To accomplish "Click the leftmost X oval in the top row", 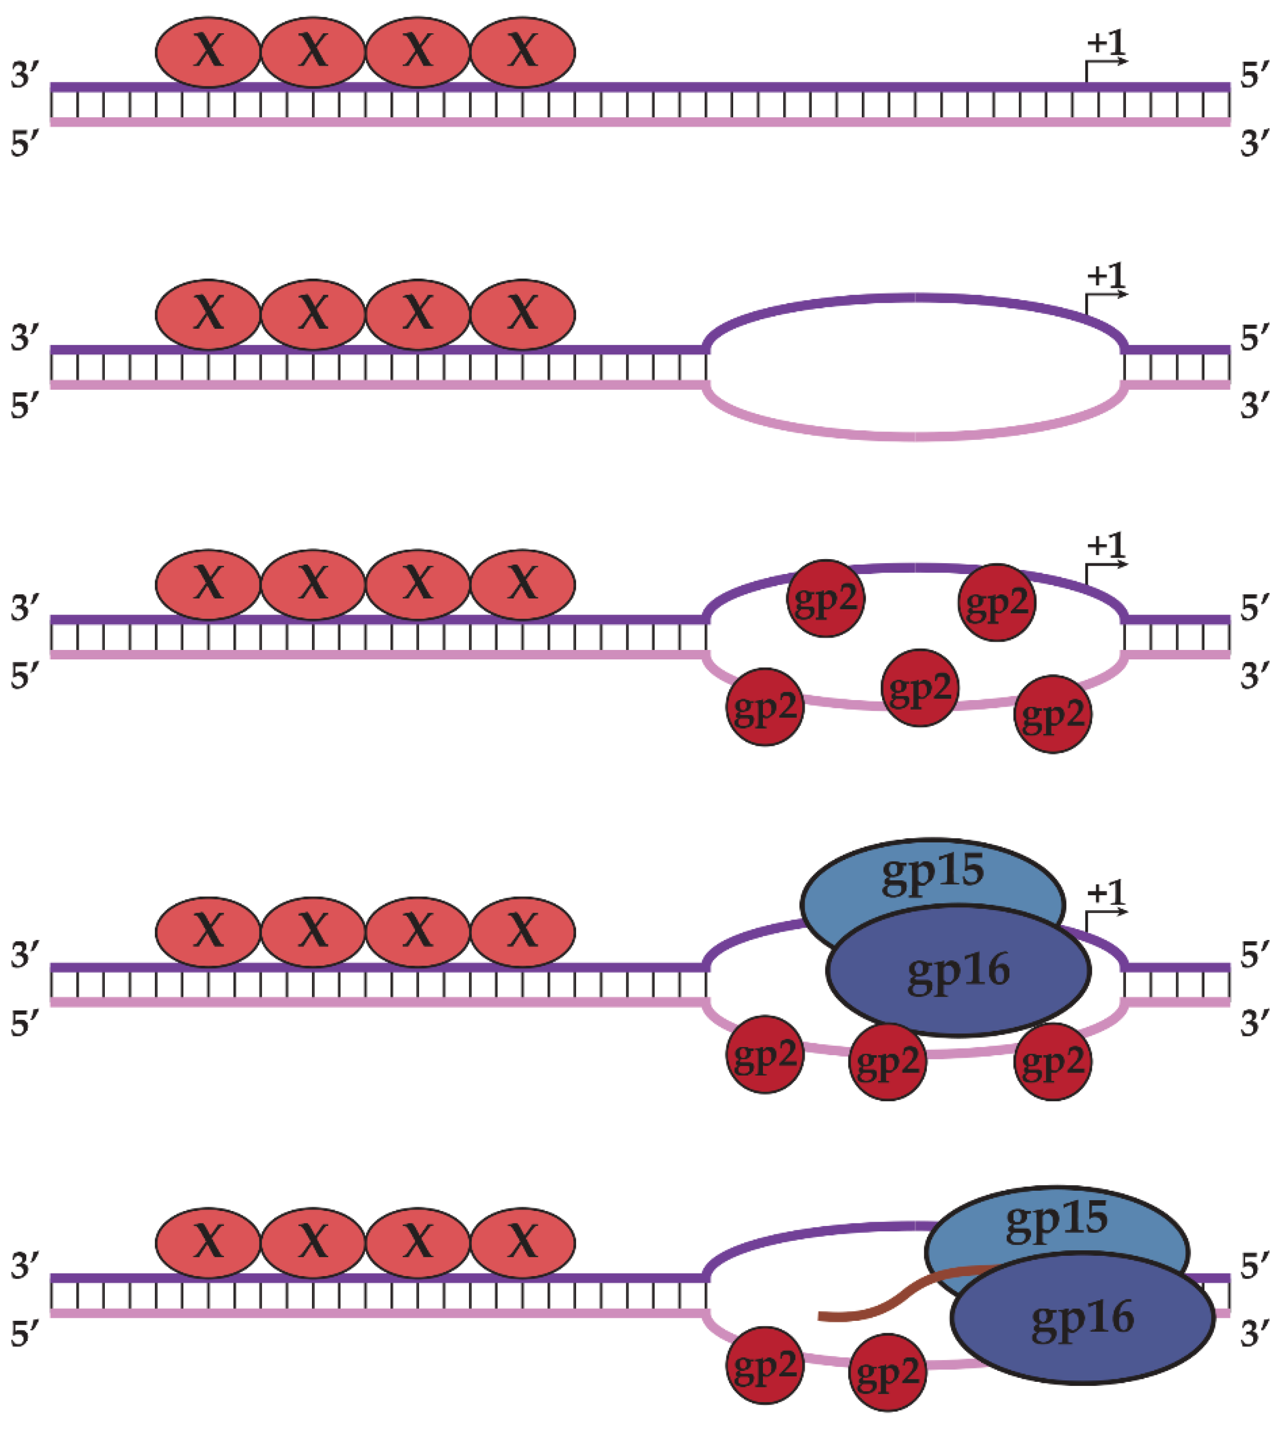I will click(208, 52).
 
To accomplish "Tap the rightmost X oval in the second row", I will click(522, 314).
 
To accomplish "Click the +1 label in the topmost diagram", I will click(1106, 44).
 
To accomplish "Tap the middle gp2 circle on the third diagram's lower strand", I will click(919, 688).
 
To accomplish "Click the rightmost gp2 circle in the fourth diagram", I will click(1052, 1062).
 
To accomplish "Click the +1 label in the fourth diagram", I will click(1106, 893).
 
